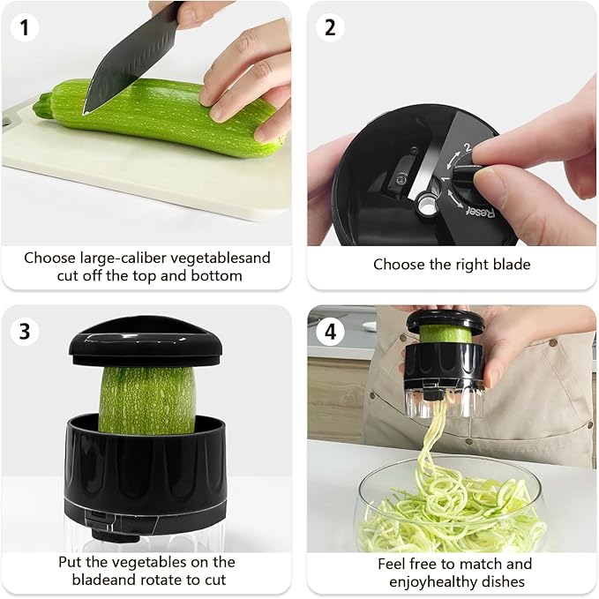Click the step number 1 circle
26,27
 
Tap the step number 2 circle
330,27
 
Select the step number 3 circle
26,332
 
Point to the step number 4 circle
330,332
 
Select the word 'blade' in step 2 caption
509,265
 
